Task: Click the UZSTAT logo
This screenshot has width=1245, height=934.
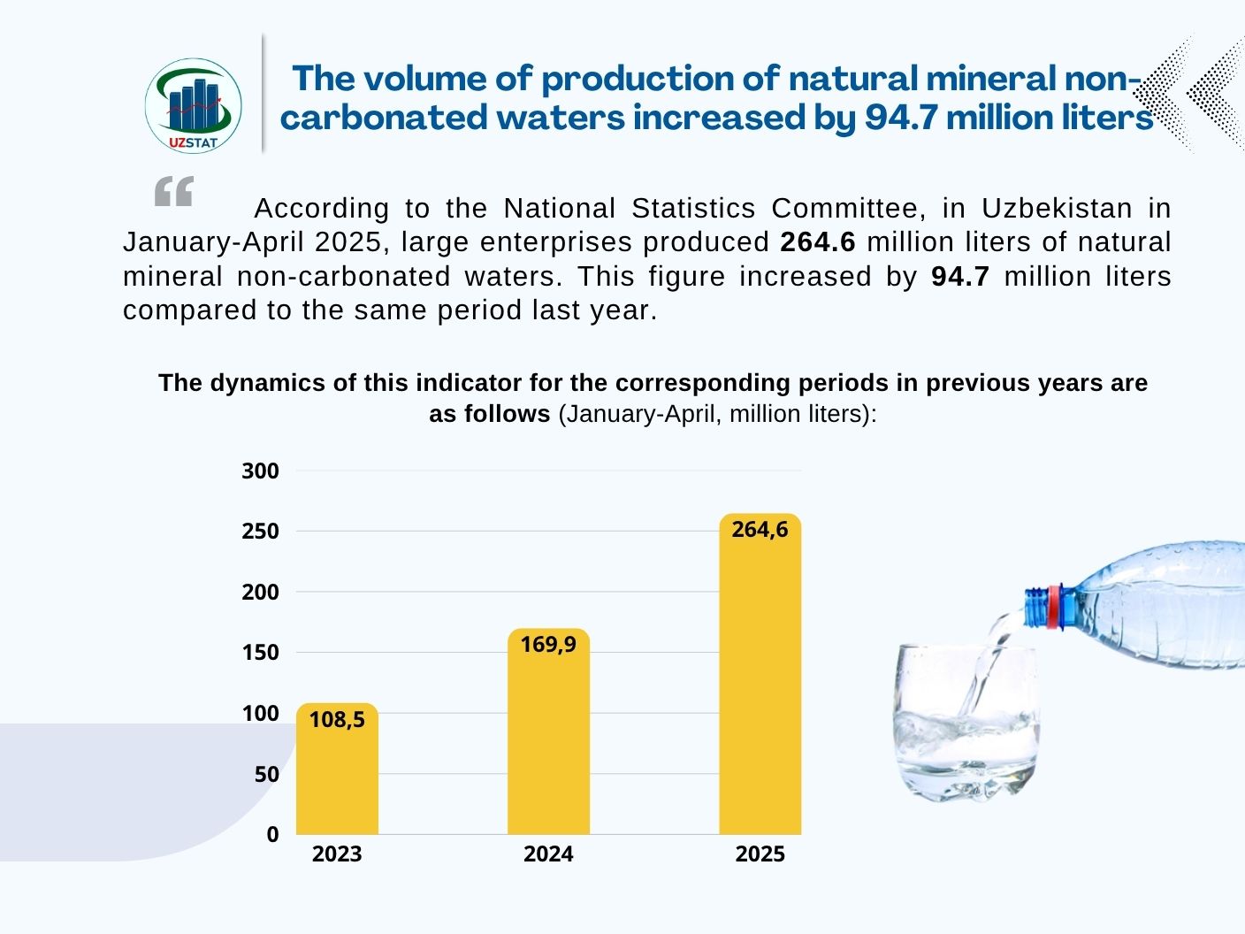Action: tap(193, 105)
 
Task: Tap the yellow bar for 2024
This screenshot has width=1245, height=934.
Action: tap(548, 743)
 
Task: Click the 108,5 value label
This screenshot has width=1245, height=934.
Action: tap(337, 720)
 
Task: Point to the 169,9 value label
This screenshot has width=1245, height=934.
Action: tap(548, 645)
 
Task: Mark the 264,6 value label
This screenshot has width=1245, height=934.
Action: tap(760, 530)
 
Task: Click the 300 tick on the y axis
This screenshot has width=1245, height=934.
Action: tap(260, 471)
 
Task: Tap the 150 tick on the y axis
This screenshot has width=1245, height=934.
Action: tap(260, 653)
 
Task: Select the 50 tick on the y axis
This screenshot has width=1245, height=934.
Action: tap(266, 775)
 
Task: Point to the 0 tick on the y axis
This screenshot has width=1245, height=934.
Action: tap(272, 835)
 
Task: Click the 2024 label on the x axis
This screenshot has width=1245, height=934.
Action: tap(548, 854)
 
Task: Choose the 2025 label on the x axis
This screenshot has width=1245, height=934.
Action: tap(760, 854)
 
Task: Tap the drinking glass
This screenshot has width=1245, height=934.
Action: tap(966, 721)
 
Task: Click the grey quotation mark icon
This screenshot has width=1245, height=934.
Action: tap(173, 191)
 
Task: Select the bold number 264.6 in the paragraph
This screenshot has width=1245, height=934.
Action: tap(818, 242)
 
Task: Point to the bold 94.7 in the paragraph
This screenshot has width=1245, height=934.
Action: tap(960, 277)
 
